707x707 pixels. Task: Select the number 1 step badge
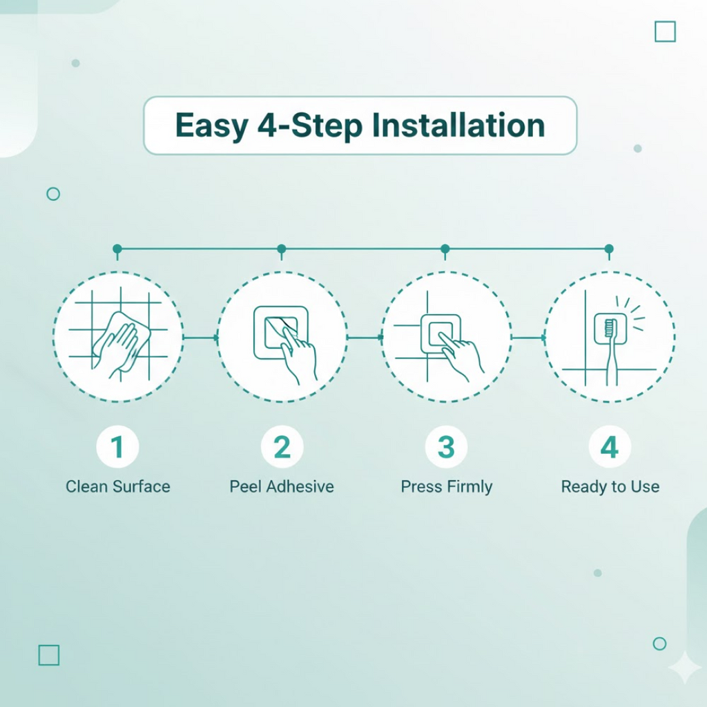pyautogui.click(x=117, y=447)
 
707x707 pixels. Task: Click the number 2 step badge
pyautogui.click(x=282, y=447)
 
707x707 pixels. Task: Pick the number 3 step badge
pyautogui.click(x=446, y=447)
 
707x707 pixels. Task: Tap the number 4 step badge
pyautogui.click(x=610, y=447)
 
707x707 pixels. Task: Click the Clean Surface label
pyautogui.click(x=117, y=487)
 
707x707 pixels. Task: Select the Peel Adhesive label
pyautogui.click(x=282, y=487)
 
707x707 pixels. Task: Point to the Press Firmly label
pyautogui.click(x=447, y=487)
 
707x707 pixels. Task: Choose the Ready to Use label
pyautogui.click(x=610, y=487)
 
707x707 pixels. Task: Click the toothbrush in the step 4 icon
pyautogui.click(x=610, y=351)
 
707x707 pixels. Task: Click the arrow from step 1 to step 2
pyautogui.click(x=201, y=337)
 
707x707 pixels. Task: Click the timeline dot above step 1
pyautogui.click(x=117, y=249)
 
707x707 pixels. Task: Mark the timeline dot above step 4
pyautogui.click(x=609, y=249)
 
